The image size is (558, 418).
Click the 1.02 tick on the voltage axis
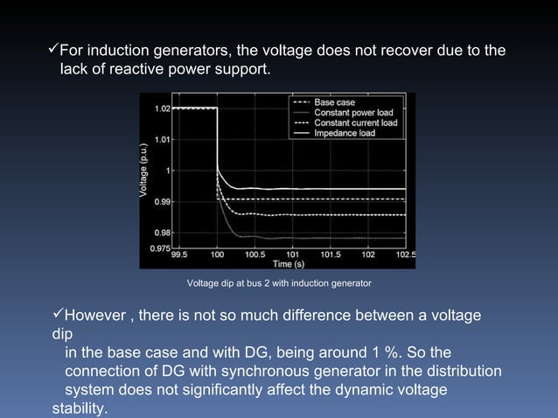(163, 108)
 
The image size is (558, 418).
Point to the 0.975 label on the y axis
(160, 248)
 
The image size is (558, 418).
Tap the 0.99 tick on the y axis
(163, 201)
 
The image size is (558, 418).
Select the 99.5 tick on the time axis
(178, 254)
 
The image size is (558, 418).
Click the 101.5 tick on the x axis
(331, 254)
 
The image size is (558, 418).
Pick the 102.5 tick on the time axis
(406, 254)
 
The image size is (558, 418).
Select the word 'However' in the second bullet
(97, 315)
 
